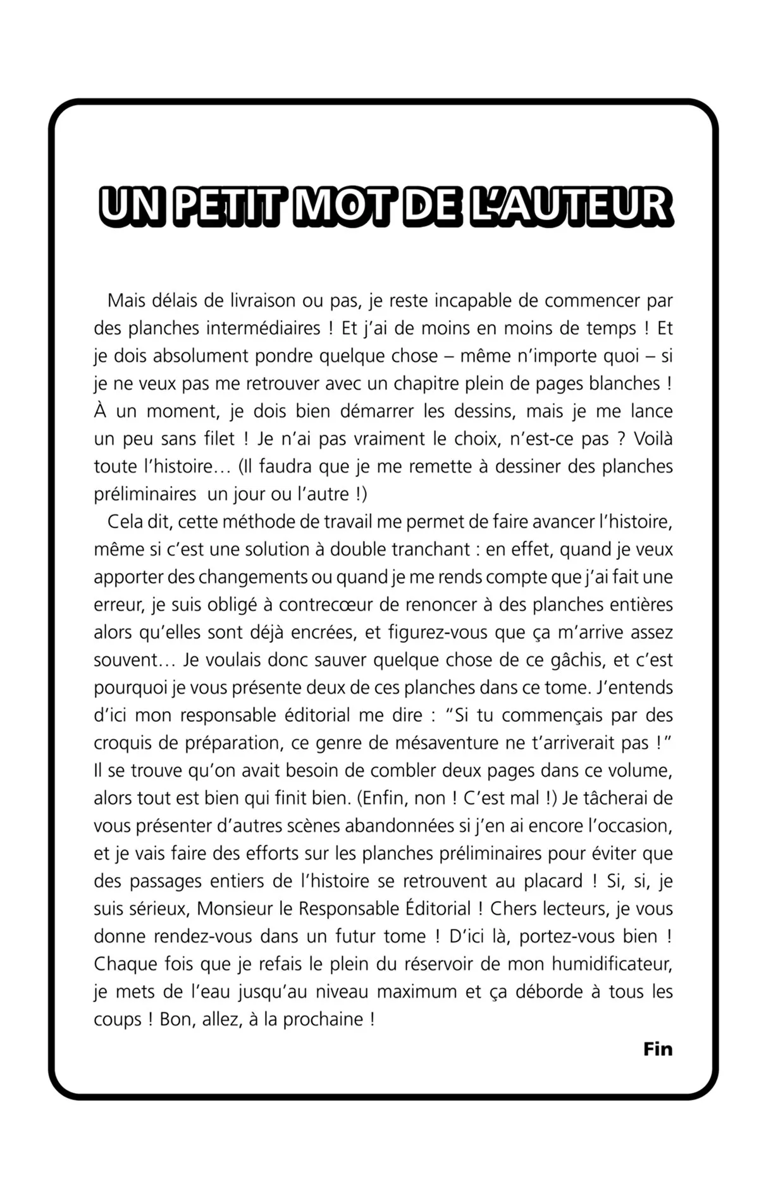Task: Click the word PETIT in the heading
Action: (226, 206)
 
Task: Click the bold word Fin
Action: (658, 1049)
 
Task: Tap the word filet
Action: (216, 438)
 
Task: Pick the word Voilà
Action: (653, 438)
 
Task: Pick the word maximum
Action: (414, 991)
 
